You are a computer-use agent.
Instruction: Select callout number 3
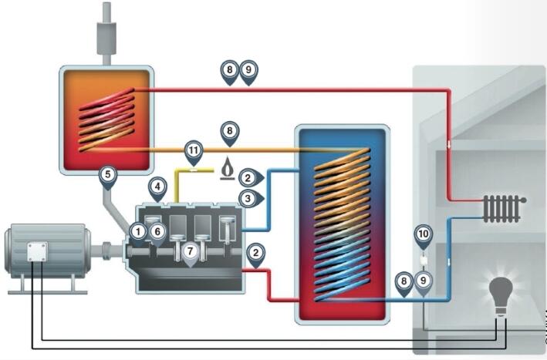[x=248, y=199]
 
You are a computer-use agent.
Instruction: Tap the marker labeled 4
[x=157, y=187]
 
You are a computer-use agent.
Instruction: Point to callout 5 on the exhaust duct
[x=107, y=175]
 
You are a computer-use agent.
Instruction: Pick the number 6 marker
[x=157, y=230]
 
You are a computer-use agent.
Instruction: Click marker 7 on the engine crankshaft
[x=190, y=252]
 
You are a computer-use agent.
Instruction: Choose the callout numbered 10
[x=423, y=234]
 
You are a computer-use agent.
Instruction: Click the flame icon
[x=228, y=167]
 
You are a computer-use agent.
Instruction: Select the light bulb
[x=503, y=294]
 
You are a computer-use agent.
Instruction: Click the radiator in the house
[x=503, y=207]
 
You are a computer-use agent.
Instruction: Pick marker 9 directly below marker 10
[x=423, y=282]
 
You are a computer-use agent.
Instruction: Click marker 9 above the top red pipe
[x=248, y=72]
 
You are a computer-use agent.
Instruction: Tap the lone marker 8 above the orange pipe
[x=229, y=131]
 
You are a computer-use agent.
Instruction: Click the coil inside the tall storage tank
[x=343, y=224]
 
